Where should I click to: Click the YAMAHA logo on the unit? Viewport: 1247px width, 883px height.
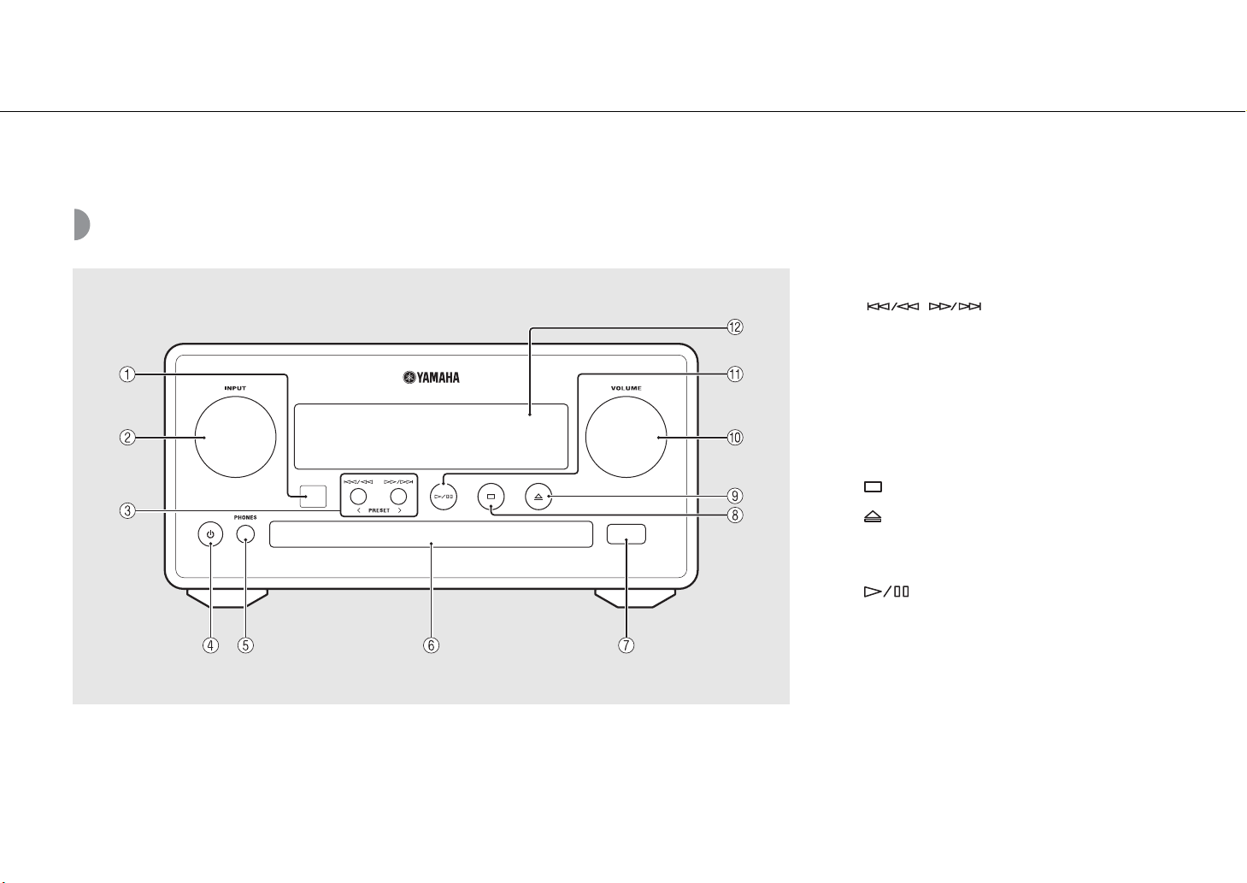click(x=432, y=378)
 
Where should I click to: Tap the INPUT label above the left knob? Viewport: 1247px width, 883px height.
click(x=235, y=388)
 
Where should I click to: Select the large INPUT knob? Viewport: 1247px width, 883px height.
click(x=236, y=437)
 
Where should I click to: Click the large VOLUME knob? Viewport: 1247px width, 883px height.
click(x=626, y=437)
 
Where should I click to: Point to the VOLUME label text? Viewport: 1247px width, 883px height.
click(x=626, y=388)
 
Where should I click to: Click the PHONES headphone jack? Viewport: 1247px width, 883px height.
click(x=245, y=534)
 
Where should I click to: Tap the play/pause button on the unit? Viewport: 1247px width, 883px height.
click(x=444, y=497)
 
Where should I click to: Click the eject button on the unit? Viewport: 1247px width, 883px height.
click(x=538, y=497)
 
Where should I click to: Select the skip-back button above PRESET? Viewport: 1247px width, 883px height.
click(x=358, y=496)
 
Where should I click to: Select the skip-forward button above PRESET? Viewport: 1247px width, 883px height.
click(x=398, y=496)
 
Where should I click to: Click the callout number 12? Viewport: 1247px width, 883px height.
click(x=735, y=327)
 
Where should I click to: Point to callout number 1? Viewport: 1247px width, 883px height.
click(x=127, y=374)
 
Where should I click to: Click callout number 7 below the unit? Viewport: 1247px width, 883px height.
click(x=626, y=645)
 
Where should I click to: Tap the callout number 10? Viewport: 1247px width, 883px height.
click(x=735, y=438)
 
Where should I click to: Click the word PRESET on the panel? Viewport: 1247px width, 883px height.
click(x=379, y=510)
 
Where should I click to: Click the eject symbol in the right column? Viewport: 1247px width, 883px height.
click(x=873, y=517)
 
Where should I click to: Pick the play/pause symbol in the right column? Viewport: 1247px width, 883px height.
click(x=886, y=592)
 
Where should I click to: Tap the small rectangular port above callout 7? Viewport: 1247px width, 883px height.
click(x=626, y=534)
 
